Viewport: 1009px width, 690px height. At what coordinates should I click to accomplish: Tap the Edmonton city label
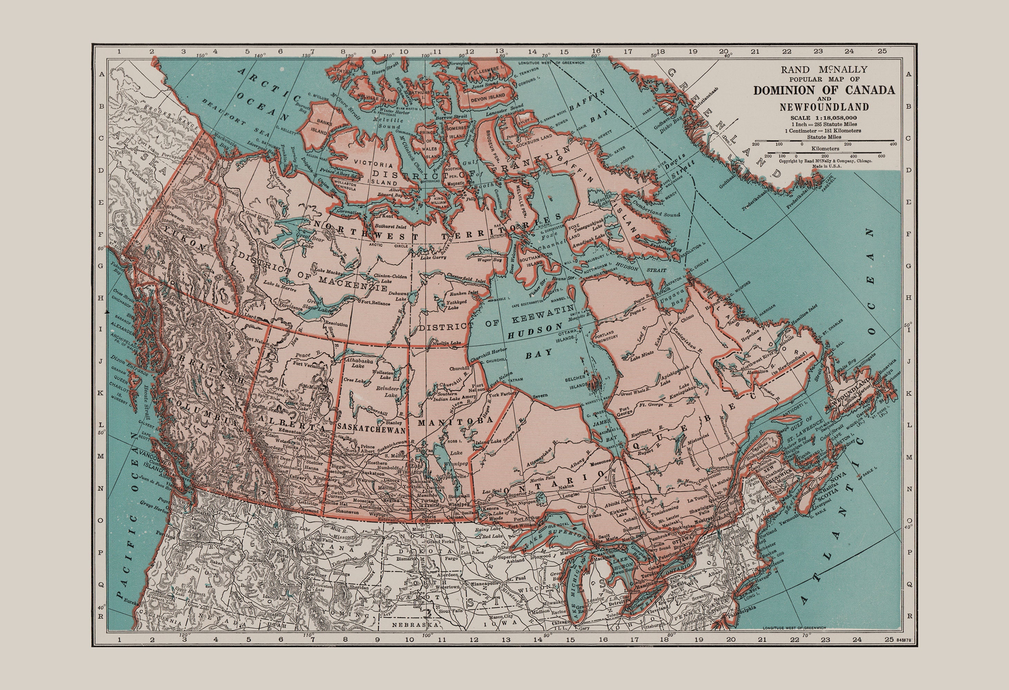click(x=290, y=432)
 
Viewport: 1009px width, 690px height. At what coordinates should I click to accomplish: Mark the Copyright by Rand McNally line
click(x=825, y=161)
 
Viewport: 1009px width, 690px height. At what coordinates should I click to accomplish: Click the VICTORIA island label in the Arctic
click(x=373, y=165)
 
